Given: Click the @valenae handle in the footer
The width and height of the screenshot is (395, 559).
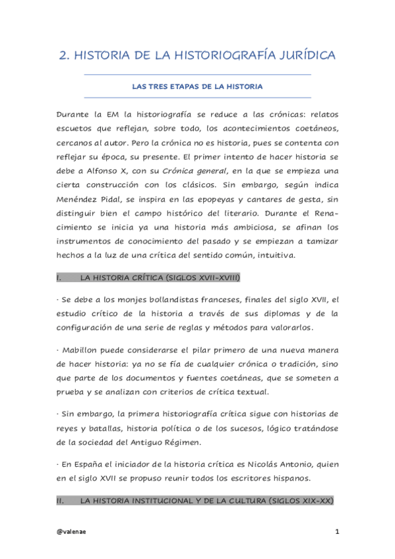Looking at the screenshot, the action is tap(71, 531).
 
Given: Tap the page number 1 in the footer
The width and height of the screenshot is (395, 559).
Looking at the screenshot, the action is tap(336, 531).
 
